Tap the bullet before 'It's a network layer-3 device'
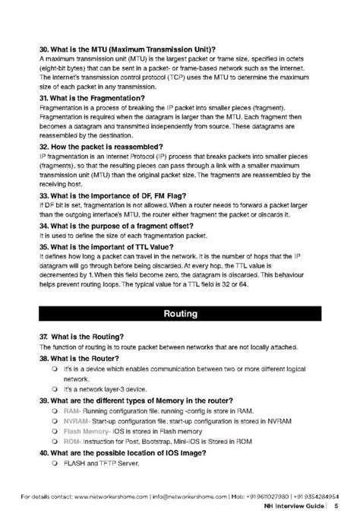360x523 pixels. click(x=55, y=388)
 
